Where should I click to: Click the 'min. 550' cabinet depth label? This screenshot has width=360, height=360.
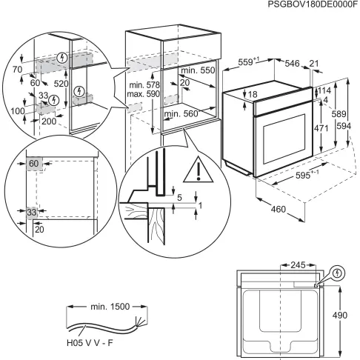tap(197, 70)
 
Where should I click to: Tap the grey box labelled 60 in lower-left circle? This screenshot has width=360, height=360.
tap(34, 162)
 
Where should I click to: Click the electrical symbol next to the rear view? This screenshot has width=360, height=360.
tap(339, 273)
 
